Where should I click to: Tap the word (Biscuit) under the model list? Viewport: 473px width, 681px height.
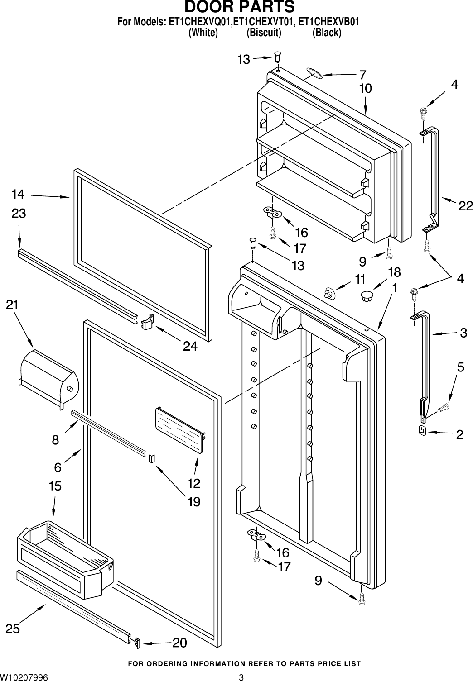[x=264, y=33]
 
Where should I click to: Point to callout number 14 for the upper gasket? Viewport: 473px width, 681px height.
[x=18, y=195]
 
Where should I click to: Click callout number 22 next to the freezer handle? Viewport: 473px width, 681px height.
[x=465, y=206]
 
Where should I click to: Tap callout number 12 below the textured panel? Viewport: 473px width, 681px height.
[x=193, y=483]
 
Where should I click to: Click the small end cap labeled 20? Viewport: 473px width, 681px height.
[x=137, y=643]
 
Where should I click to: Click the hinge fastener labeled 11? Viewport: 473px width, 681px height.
[x=329, y=293]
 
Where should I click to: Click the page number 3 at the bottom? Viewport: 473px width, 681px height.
[x=241, y=677]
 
